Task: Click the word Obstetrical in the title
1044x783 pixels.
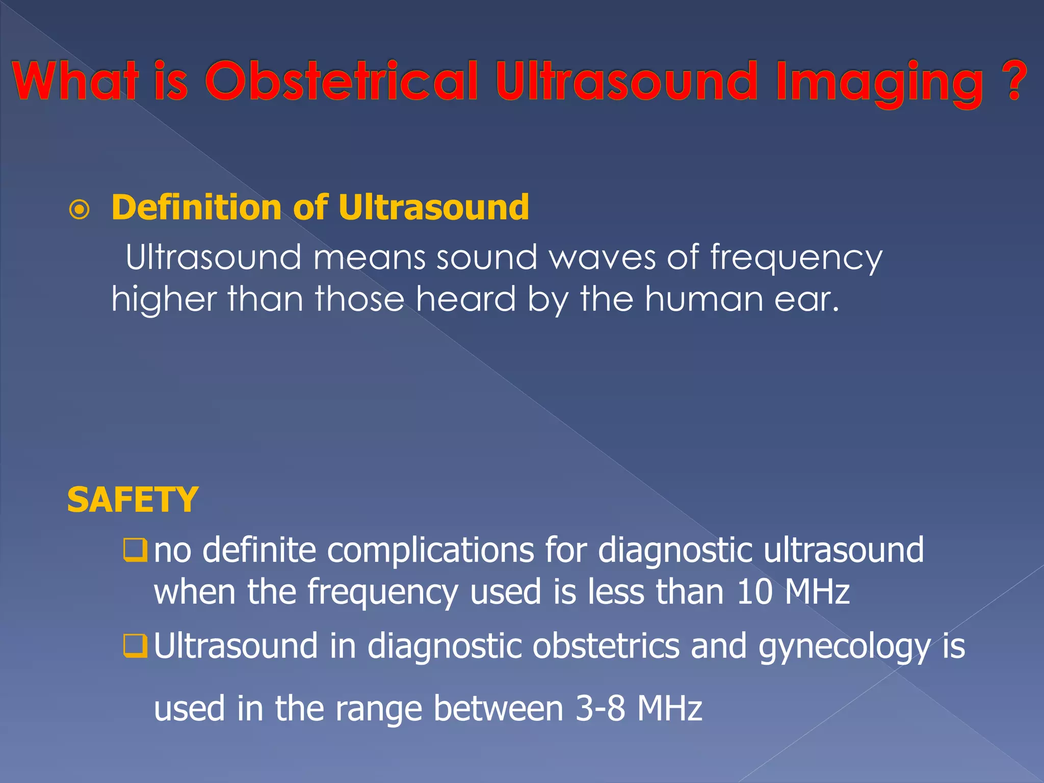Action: [341, 82]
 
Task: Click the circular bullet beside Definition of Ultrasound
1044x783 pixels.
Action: [80, 210]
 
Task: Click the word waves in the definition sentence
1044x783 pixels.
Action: [603, 258]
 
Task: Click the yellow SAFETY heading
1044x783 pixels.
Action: [132, 500]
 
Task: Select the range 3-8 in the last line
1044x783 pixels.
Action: [600, 709]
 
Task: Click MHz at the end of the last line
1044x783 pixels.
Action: [670, 709]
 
